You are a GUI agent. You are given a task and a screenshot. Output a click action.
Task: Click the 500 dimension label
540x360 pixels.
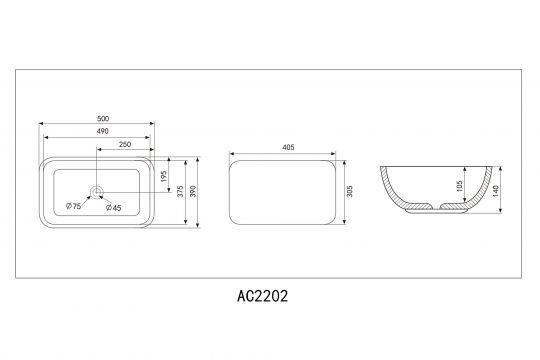pyautogui.click(x=103, y=119)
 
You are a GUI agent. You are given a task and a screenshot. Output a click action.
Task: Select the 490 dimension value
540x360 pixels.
pyautogui.click(x=102, y=131)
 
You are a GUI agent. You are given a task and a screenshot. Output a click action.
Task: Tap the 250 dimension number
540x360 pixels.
pyautogui.click(x=125, y=144)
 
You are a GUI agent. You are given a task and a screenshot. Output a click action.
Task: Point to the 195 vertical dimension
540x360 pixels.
pyautogui.click(x=164, y=176)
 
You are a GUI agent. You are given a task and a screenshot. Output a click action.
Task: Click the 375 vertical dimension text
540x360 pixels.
pyautogui.click(x=180, y=192)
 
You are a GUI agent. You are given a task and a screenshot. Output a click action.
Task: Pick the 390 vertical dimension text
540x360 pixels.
pyautogui.click(x=193, y=192)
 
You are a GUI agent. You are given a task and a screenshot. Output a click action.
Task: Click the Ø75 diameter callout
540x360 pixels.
pyautogui.click(x=73, y=206)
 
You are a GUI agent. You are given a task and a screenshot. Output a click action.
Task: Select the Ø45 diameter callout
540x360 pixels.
pyautogui.click(x=114, y=207)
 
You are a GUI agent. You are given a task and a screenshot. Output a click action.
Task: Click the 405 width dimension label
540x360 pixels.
pyautogui.click(x=288, y=147)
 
